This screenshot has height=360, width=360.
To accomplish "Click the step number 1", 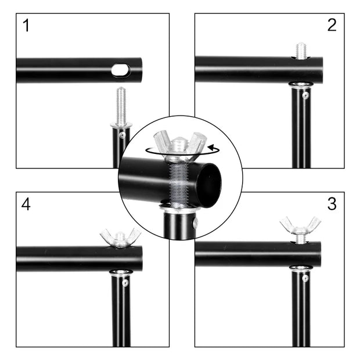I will coord(26,26).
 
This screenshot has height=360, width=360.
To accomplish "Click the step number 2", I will coord(332,25).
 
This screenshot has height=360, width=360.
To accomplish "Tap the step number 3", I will coord(332,204).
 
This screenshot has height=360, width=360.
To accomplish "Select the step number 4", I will coord(26,204).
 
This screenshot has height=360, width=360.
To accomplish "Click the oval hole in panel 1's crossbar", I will coord(121,70).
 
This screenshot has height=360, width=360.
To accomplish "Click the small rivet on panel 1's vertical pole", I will coord(122,135).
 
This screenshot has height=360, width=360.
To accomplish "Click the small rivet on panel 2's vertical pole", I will coord(305,95).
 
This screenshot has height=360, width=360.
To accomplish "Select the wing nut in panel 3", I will coord(300,226).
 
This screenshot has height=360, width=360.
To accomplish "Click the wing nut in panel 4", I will coord(120,237).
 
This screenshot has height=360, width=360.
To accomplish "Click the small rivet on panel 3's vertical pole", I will coord(305,278).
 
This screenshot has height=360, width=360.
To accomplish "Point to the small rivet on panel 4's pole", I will coord(125,283).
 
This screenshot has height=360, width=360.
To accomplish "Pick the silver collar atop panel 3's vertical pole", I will coord(300,269).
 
